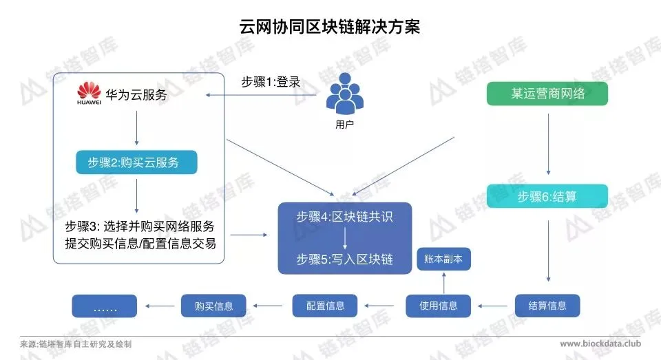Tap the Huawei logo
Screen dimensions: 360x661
89,94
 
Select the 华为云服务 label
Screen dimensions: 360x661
136,95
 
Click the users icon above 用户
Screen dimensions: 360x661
344,97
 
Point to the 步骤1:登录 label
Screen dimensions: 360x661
271,81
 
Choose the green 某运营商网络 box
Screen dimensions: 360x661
547,94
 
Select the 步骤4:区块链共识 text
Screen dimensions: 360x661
345,218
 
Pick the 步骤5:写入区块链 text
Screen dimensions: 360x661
345,260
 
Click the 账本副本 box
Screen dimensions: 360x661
443,260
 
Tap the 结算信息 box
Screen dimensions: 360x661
547,306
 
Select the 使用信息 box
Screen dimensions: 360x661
439,306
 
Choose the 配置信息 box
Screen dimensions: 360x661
326,306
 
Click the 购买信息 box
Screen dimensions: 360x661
214,306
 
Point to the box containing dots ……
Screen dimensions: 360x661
105,306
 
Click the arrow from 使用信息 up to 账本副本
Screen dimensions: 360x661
443,283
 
